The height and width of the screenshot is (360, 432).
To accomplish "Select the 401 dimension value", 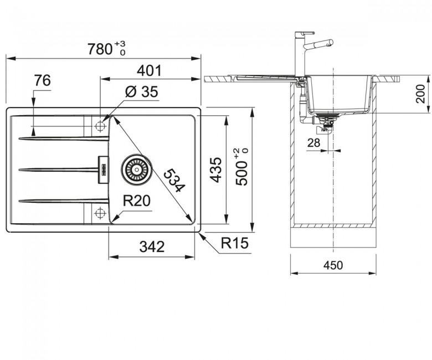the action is pyautogui.click(x=149, y=71).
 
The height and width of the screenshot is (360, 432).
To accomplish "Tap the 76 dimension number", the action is pyautogui.click(x=43, y=81).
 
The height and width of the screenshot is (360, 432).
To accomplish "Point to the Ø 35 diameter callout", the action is pyautogui.click(x=141, y=91).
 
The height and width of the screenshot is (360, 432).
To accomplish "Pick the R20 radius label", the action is pyautogui.click(x=136, y=201).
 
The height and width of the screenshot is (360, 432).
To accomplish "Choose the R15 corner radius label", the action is pyautogui.click(x=234, y=243).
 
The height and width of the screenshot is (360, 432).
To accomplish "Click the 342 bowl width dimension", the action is pyautogui.click(x=152, y=247).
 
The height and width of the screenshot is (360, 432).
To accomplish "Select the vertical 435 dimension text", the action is pyautogui.click(x=216, y=169).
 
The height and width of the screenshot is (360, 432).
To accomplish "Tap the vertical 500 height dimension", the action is pyautogui.click(x=241, y=167).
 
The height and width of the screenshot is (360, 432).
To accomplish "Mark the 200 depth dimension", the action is pyautogui.click(x=420, y=94).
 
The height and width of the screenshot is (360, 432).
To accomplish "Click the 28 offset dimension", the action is pyautogui.click(x=313, y=143).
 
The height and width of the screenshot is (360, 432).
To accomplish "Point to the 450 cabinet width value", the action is pyautogui.click(x=333, y=265).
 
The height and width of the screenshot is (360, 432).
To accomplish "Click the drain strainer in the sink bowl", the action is pyautogui.click(x=136, y=169).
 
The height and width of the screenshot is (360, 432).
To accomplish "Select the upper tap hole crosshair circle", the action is pyautogui.click(x=100, y=126).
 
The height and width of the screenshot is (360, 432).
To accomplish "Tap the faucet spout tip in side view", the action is pyautogui.click(x=331, y=43).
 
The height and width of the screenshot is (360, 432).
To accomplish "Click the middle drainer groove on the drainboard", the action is pyautogui.click(x=58, y=170).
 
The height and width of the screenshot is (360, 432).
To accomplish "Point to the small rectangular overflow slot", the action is pyautogui.click(x=104, y=169).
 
